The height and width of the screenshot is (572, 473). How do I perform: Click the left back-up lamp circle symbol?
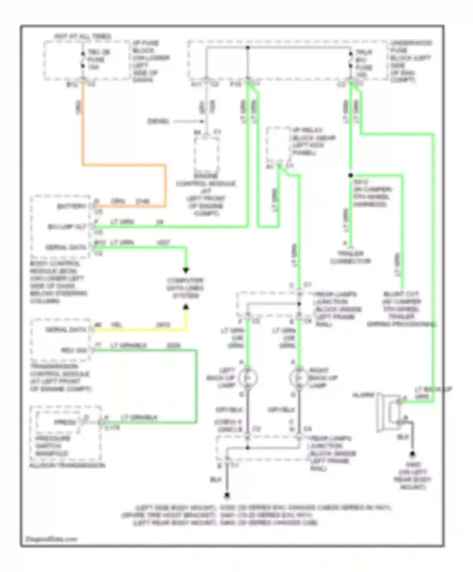(248, 377)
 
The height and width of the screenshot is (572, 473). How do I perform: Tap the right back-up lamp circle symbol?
(299, 377)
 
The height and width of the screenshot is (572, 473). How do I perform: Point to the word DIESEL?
(159, 121)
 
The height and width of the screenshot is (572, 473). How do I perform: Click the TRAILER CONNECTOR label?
(350, 257)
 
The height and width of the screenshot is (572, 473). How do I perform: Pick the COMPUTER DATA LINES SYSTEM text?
(185, 288)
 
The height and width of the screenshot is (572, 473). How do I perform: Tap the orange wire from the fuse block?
(83, 126)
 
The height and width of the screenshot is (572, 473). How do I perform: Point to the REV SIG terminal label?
(74, 350)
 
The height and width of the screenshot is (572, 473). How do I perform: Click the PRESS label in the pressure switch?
(65, 422)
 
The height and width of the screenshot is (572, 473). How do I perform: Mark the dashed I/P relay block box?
(278, 145)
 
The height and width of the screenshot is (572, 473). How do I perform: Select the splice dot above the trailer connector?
(351, 175)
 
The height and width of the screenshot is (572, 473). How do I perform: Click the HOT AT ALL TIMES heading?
(83, 36)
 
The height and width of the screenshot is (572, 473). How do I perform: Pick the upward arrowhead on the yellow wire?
(186, 307)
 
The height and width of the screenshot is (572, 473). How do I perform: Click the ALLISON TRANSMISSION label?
(67, 465)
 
